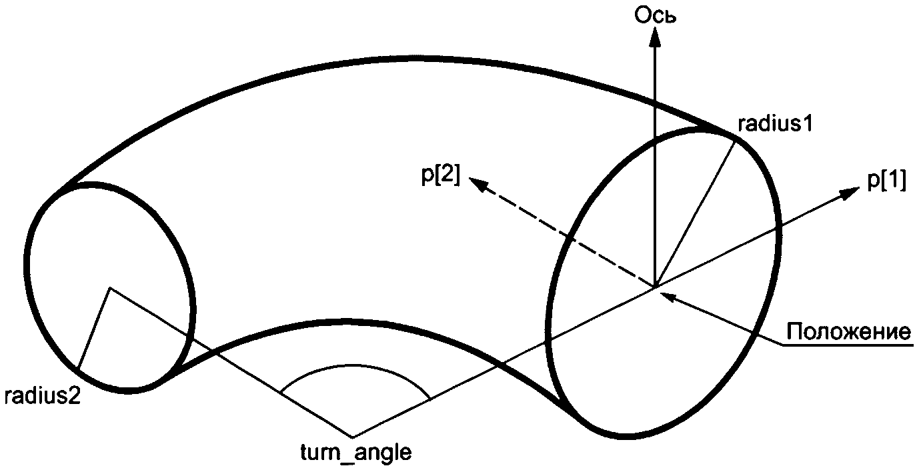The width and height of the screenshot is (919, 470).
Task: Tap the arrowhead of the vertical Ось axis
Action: click(x=655, y=37)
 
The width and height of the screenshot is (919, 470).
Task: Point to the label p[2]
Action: click(x=441, y=179)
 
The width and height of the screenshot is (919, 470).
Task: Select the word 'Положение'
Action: click(x=848, y=331)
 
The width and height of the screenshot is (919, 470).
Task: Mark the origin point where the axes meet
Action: click(x=655, y=287)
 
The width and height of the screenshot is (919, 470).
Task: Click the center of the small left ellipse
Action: click(x=110, y=288)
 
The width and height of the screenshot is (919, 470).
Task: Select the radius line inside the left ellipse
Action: click(x=94, y=328)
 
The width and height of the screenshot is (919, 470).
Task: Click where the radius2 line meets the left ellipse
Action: click(x=78, y=369)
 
